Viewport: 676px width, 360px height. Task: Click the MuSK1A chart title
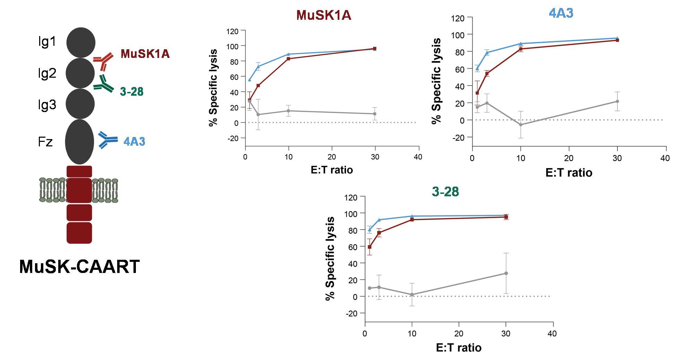(323, 16)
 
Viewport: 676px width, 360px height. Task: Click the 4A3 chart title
(561, 13)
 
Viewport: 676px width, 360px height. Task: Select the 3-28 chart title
(445, 191)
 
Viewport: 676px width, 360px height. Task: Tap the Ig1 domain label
(47, 42)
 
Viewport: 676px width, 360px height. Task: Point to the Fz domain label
(45, 142)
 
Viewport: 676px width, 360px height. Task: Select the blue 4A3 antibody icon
(108, 140)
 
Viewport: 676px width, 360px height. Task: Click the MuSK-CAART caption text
(79, 267)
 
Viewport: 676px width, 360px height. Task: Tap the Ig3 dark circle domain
(80, 104)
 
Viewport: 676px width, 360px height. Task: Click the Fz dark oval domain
(79, 142)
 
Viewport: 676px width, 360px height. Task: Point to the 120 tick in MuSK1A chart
(232, 31)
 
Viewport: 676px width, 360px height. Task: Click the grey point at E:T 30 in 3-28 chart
(506, 273)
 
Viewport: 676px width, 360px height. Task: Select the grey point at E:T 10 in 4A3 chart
(520, 125)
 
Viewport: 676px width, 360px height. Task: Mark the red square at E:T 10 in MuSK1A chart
(288, 59)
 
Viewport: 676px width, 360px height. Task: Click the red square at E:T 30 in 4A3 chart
(617, 40)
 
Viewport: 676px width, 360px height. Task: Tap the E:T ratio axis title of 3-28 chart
(459, 348)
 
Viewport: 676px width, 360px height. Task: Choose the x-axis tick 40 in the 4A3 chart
(665, 158)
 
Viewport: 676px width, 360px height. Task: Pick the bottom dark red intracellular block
(79, 233)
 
